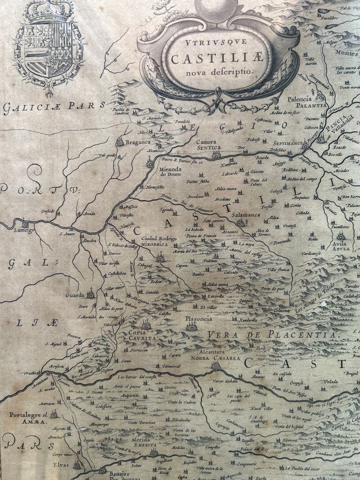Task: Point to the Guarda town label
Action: [75, 294]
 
